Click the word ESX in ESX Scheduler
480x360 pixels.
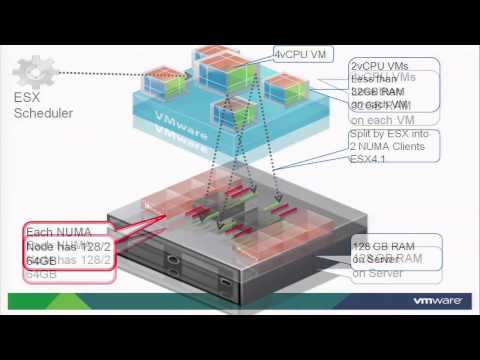[x=27, y=97]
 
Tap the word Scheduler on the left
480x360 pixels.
[x=44, y=113]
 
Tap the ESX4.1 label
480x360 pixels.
[x=369, y=161]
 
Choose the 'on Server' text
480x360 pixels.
[x=376, y=272]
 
